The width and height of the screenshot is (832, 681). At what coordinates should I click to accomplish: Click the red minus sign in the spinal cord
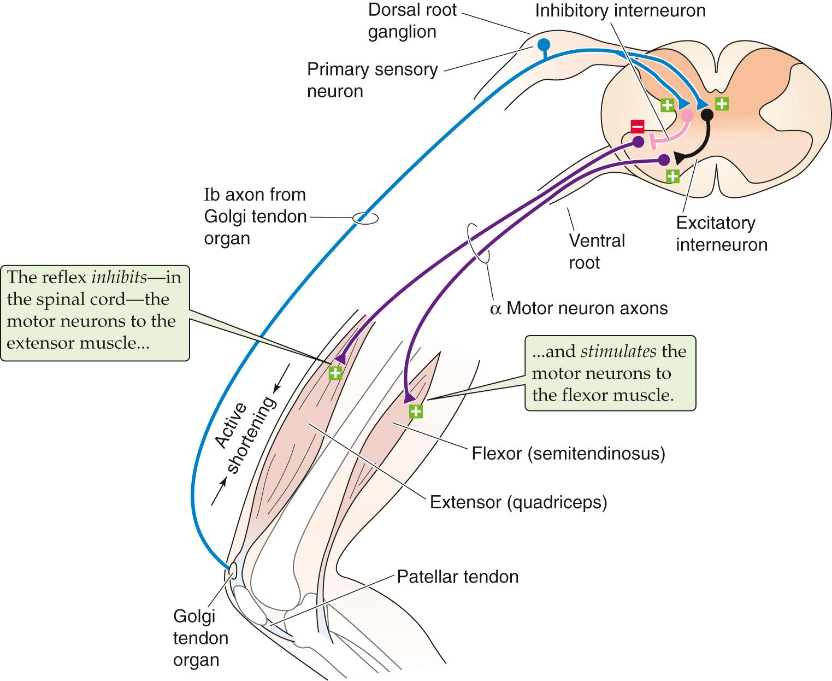click(638, 126)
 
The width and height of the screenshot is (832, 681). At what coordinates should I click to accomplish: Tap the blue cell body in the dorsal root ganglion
click(543, 44)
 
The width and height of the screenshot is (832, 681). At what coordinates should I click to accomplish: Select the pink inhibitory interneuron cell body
click(687, 115)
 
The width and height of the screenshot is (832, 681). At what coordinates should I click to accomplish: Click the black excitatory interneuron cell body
click(707, 115)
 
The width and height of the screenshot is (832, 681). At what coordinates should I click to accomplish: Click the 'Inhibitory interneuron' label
click(620, 10)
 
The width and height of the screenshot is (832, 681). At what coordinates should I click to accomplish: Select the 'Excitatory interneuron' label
click(721, 233)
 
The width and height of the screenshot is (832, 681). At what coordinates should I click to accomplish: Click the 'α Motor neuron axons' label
click(579, 308)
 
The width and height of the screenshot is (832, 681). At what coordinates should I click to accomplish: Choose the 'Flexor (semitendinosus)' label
click(568, 453)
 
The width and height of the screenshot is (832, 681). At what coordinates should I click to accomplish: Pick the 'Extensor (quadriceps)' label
click(518, 502)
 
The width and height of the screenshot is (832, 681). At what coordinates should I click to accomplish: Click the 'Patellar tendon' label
click(457, 577)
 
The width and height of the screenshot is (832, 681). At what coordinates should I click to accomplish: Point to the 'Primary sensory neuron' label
click(372, 80)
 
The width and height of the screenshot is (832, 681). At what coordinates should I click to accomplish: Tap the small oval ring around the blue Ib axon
click(365, 218)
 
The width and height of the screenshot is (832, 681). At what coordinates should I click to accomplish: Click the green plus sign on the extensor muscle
click(335, 373)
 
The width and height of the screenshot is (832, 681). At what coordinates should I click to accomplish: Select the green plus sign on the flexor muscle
click(416, 411)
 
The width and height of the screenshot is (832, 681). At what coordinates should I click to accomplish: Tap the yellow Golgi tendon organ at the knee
click(232, 571)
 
